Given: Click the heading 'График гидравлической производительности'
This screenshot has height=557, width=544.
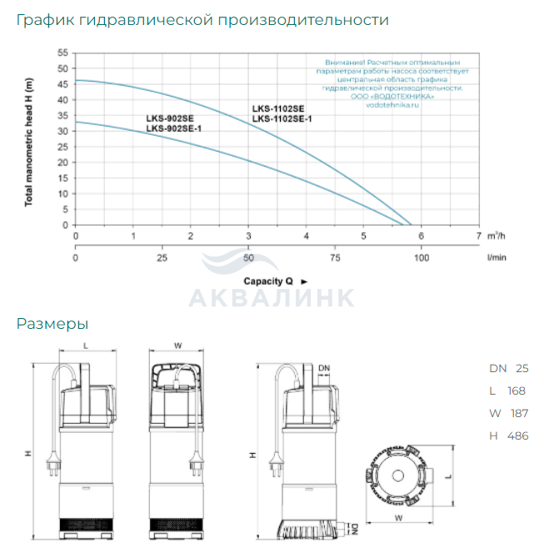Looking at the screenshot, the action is [x=202, y=20].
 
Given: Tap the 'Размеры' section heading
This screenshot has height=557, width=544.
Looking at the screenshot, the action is [x=52, y=325].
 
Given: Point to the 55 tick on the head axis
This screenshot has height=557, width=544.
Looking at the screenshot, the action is [x=62, y=53].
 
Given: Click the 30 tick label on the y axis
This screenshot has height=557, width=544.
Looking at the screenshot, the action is [x=62, y=132].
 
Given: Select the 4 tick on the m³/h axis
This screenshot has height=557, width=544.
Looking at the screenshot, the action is [x=306, y=236].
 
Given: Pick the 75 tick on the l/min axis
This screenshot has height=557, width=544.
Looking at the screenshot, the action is [x=335, y=258].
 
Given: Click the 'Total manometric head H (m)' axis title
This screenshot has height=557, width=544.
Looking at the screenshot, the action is [x=28, y=142].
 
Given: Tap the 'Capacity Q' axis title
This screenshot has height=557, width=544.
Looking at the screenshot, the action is [x=268, y=281].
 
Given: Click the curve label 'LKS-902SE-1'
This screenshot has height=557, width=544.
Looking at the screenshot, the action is [x=174, y=128].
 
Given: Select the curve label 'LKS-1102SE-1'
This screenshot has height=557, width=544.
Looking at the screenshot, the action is [x=282, y=119].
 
